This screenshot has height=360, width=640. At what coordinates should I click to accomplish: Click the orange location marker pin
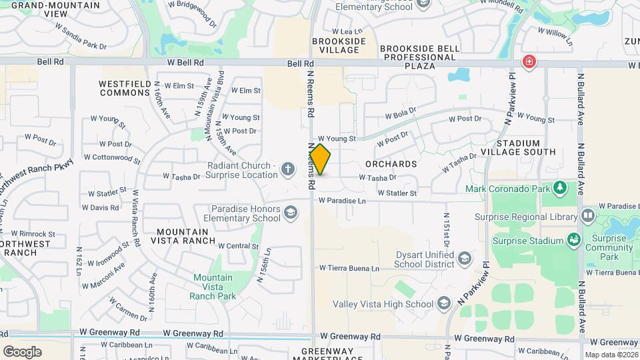pos(320,159)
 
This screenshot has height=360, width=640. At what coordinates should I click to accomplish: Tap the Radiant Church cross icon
pos(288,169)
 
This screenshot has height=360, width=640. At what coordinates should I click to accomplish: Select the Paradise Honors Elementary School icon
pos(291,213)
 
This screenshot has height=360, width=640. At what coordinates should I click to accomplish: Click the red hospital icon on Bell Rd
pos(529,62)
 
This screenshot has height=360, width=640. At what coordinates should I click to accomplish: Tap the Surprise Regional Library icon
pos(588,216)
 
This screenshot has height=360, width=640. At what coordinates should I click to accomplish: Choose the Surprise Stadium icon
pos(573,239)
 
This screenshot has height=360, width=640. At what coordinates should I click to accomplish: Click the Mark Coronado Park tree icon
pos(561,188)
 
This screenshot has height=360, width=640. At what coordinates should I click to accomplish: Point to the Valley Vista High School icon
pos(443,305)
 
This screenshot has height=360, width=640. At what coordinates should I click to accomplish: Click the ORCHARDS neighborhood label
pos(391,163)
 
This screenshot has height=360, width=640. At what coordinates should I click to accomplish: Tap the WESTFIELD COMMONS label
pos(125,88)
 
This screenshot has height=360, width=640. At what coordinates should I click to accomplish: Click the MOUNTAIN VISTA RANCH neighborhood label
pos(186,236)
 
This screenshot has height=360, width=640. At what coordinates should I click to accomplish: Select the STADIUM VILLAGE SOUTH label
pos(527,147)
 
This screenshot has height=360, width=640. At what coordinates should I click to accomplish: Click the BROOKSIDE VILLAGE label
pos(339,45)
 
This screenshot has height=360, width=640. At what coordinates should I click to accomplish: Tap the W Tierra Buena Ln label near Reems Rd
pos(349,269)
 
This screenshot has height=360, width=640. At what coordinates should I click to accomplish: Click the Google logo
pos(22,351)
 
